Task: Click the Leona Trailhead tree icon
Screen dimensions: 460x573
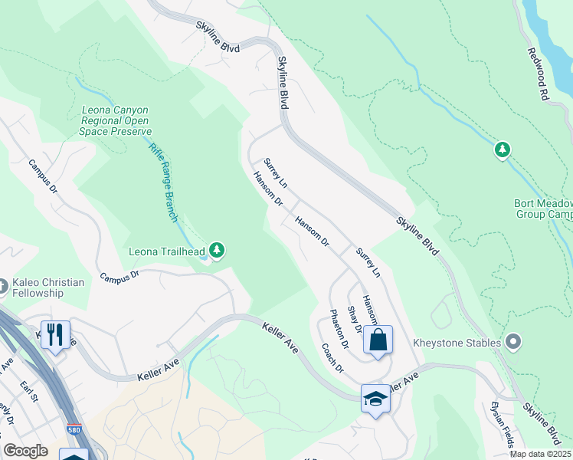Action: point(218,250)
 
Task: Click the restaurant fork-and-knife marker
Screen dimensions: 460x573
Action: point(55,334)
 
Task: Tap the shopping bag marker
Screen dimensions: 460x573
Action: point(378,340)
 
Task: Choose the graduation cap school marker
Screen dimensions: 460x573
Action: point(375,398)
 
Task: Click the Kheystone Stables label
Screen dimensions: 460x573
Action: point(457,342)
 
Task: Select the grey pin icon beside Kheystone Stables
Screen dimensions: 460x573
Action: point(513,341)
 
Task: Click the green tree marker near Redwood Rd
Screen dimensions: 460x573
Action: point(503,149)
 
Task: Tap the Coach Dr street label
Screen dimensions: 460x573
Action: point(332,357)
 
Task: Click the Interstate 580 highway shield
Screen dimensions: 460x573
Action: point(74,430)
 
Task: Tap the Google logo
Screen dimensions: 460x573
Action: point(26,450)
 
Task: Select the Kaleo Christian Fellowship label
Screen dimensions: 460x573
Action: point(47,287)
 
